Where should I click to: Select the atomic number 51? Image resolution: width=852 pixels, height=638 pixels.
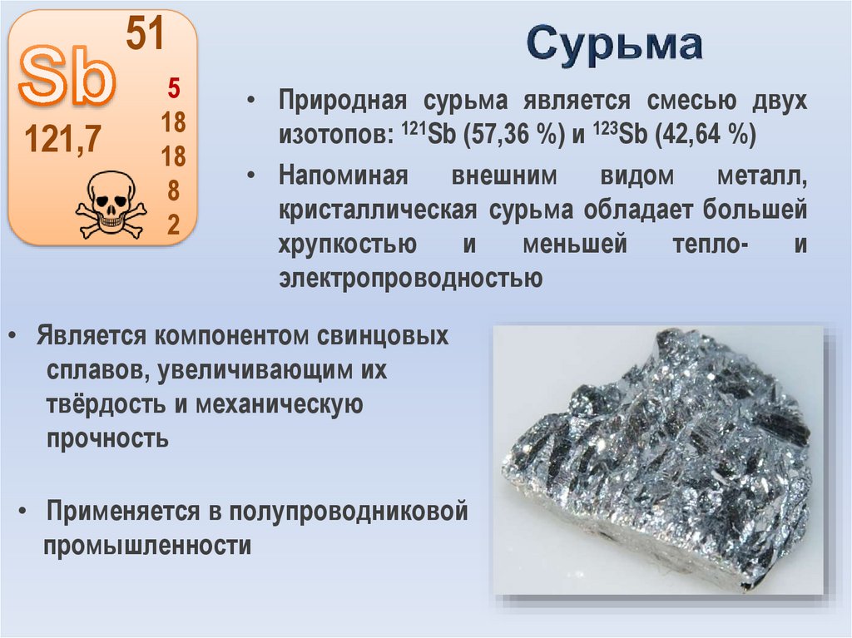pos(146,34)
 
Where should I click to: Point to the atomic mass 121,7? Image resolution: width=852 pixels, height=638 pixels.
pos(62,140)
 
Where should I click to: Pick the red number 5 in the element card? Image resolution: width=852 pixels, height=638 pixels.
pos(174,87)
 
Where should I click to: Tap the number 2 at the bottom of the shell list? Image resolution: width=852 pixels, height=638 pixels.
pos(174,225)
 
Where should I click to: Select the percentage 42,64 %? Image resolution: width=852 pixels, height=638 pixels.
pos(706,133)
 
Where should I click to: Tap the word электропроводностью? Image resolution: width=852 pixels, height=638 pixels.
pos(411,276)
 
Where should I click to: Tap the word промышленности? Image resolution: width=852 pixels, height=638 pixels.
pos(148,546)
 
